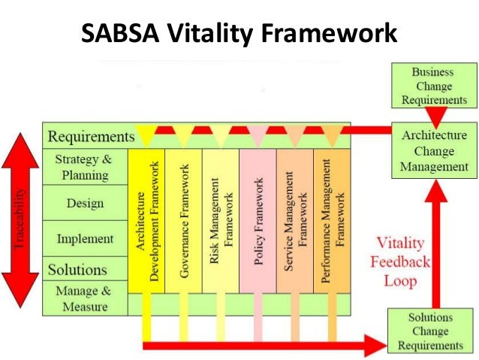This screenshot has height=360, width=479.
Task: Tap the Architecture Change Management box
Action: tap(434, 150)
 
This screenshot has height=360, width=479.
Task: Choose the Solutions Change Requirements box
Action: tap(430, 331)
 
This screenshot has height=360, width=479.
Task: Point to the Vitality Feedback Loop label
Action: tap(404, 261)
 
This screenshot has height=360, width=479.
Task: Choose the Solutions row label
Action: tap(78, 269)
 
